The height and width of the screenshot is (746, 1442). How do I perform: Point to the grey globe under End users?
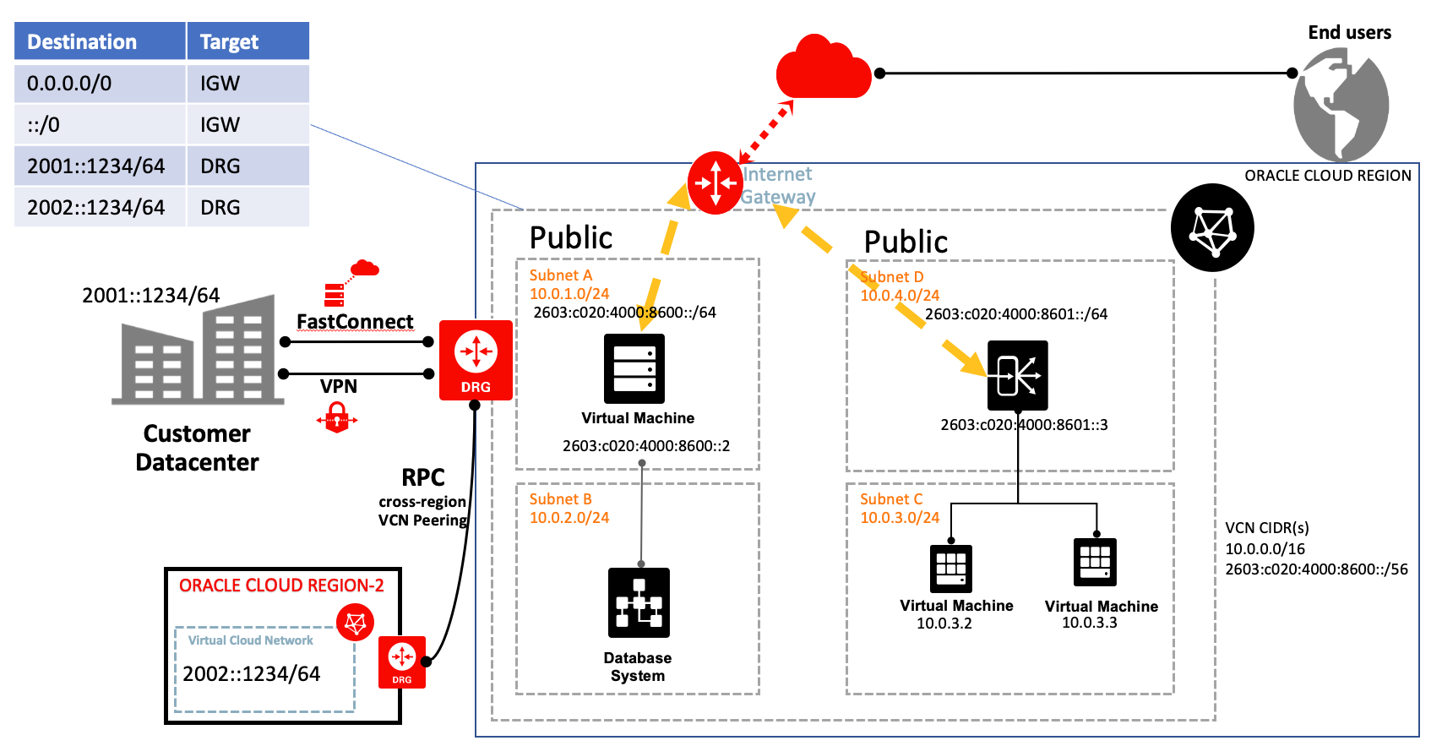tap(1341, 105)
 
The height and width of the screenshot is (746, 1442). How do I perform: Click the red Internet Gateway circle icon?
tap(715, 182)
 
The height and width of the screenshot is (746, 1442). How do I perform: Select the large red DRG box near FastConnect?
tap(476, 360)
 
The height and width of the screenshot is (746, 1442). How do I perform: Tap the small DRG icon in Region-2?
tap(402, 662)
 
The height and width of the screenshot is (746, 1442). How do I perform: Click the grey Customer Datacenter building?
tap(197, 351)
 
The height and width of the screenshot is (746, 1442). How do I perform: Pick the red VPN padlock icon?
tap(337, 417)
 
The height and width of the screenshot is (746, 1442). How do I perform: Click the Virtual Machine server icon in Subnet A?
tap(634, 368)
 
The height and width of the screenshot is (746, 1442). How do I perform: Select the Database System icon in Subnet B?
tap(639, 602)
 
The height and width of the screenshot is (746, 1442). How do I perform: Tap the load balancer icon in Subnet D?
tap(1017, 375)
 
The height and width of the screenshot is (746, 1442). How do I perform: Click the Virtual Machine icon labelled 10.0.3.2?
tap(951, 568)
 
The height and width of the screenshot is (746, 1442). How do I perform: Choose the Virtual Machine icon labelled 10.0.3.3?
tap(1095, 562)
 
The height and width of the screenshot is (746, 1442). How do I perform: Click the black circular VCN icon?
tap(1212, 227)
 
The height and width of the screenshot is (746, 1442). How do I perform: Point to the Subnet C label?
tap(891, 499)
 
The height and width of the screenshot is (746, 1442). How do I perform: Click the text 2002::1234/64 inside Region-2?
tap(252, 674)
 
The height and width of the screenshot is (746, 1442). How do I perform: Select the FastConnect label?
tap(355, 322)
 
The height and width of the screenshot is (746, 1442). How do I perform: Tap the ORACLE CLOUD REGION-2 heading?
tap(281, 585)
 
